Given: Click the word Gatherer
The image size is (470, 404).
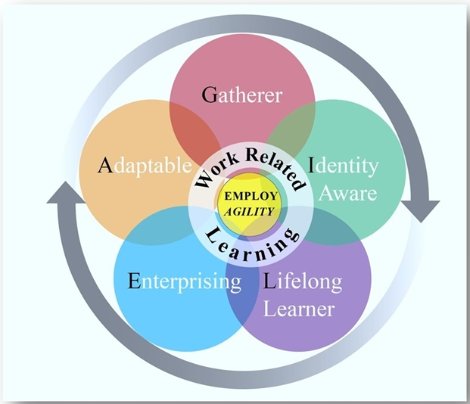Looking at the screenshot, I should (242, 95).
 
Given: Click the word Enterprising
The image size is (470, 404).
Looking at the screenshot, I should (185, 282).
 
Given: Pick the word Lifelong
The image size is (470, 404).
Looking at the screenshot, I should (303, 282).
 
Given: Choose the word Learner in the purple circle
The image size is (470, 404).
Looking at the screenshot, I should (303, 309).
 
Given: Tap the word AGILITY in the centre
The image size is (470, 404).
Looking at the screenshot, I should (248, 211).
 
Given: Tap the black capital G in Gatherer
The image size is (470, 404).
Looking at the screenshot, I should (210, 95).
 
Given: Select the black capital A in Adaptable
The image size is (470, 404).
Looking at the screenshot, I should (106, 165).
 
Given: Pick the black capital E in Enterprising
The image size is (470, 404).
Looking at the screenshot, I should (135, 282).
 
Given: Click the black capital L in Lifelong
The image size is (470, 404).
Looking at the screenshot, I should (269, 282).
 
